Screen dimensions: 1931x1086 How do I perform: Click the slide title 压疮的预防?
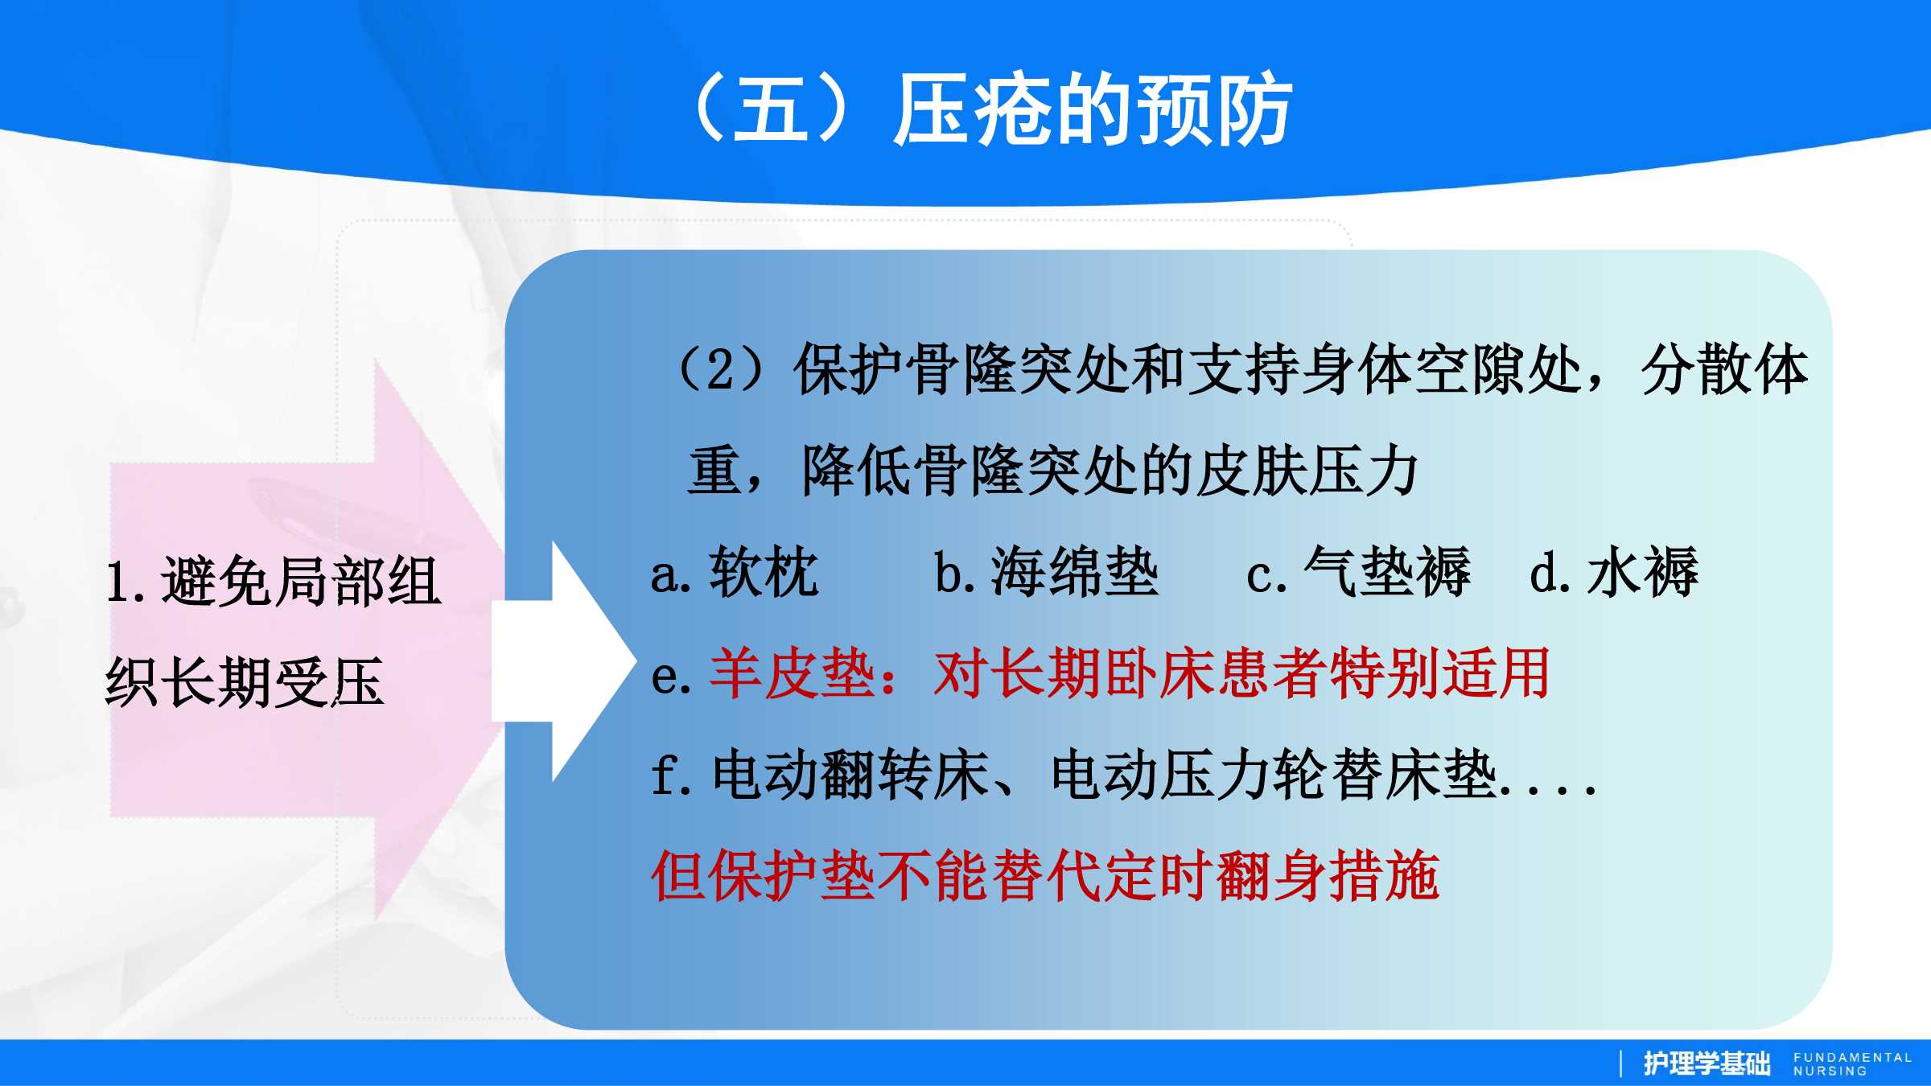pyautogui.click(x=1093, y=109)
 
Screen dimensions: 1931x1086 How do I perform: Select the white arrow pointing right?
pyautogui.click(x=563, y=661)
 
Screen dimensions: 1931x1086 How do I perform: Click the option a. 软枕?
pyautogui.click(x=735, y=572)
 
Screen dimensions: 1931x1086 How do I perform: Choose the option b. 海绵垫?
pyautogui.click(x=1046, y=572)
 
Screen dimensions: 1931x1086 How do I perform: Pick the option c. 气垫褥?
pyautogui.click(x=1358, y=572)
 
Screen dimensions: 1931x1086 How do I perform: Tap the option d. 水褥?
pyautogui.click(x=1614, y=572)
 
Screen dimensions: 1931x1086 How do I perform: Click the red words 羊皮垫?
pyautogui.click(x=792, y=673)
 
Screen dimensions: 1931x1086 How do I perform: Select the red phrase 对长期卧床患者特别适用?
pyautogui.click(x=1242, y=673)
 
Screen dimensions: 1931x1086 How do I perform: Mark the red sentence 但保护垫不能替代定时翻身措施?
pyautogui.click(x=1045, y=876)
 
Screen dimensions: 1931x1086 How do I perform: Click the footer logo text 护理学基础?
pyautogui.click(x=1707, y=1063)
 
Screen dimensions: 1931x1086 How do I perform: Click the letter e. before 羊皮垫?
pyautogui.click(x=671, y=676)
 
